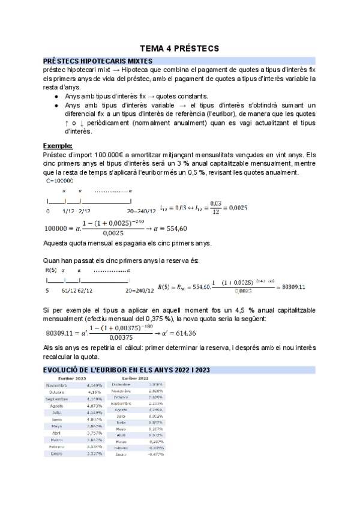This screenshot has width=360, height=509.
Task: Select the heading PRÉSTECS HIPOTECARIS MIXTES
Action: point(98,61)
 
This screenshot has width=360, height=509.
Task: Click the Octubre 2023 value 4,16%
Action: point(94,391)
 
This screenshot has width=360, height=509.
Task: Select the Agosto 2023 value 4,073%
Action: point(93,406)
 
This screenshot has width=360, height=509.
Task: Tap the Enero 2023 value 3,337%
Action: point(93,453)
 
